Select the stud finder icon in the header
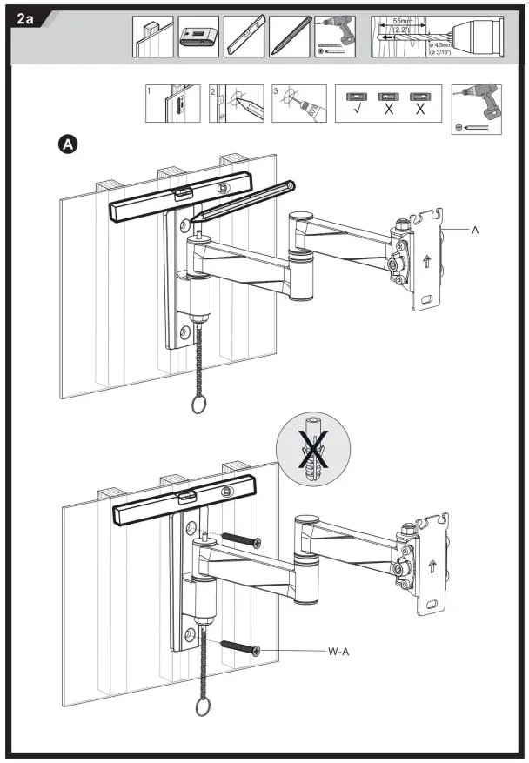(198, 37)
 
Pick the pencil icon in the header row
(290, 37)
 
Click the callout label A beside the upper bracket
(475, 230)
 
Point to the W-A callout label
(338, 650)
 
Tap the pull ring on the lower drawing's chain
(202, 707)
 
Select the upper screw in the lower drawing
(240, 539)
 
